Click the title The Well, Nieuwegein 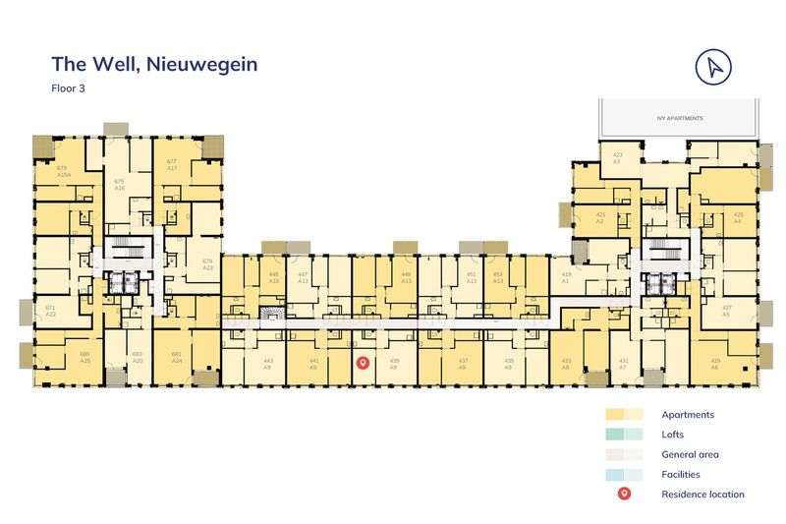click(154, 65)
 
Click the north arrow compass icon click(714, 66)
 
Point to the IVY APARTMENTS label click(680, 118)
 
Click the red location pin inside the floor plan click(362, 364)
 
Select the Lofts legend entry click(673, 435)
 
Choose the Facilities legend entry click(681, 474)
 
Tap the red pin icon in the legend click(624, 494)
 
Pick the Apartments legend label click(688, 415)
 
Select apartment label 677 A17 click(171, 164)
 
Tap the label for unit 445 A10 click(274, 277)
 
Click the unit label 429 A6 click(714, 364)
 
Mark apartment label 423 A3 click(617, 157)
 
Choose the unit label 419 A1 click(565, 277)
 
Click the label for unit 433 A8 click(566, 364)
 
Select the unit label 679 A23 click(207, 263)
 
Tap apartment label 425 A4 click(738, 217)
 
